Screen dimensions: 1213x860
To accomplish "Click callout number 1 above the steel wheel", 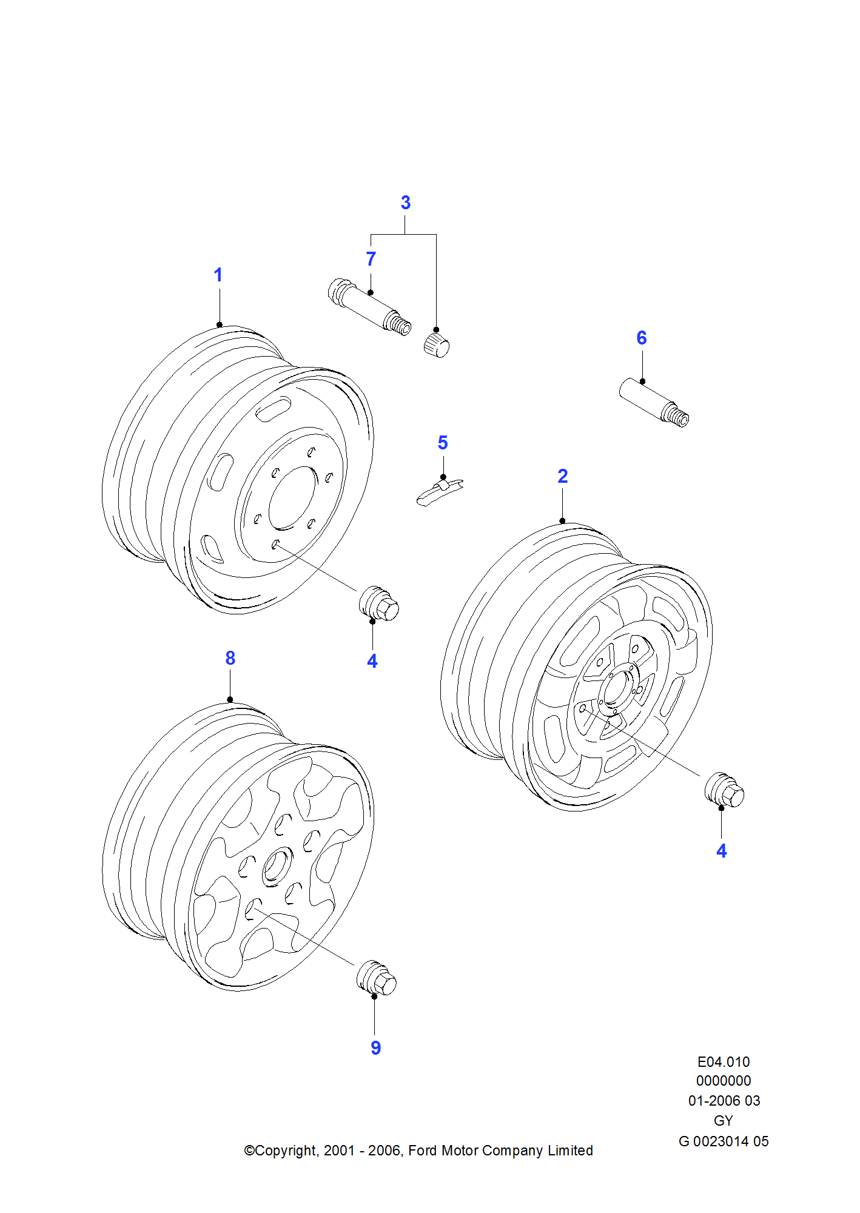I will (x=218, y=275).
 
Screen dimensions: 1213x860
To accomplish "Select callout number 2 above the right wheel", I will (x=563, y=476).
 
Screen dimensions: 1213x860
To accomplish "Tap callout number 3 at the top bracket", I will (x=406, y=203).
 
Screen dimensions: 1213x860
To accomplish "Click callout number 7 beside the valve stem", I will (x=371, y=259).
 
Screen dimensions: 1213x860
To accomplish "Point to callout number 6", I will (x=642, y=338).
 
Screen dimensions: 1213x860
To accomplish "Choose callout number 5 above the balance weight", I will (x=443, y=443).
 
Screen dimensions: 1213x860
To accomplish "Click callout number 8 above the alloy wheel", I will (x=230, y=658).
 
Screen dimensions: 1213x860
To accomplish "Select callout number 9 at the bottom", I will (x=376, y=1047).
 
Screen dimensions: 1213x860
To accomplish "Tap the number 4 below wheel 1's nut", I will (x=372, y=661).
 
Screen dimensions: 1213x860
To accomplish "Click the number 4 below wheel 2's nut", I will (x=722, y=851).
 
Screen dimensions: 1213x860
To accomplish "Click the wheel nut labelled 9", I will (x=377, y=978).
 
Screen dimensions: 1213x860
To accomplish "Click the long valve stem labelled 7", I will (x=368, y=306).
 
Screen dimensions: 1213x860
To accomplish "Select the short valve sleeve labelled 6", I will (x=653, y=402).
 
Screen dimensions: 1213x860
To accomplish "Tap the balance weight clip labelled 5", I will (x=439, y=490).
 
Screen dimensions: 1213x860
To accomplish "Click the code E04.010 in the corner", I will (x=724, y=1062).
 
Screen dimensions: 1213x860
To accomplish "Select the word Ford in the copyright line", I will (x=423, y=1151).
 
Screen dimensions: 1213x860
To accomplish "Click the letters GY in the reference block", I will (x=724, y=1121).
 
